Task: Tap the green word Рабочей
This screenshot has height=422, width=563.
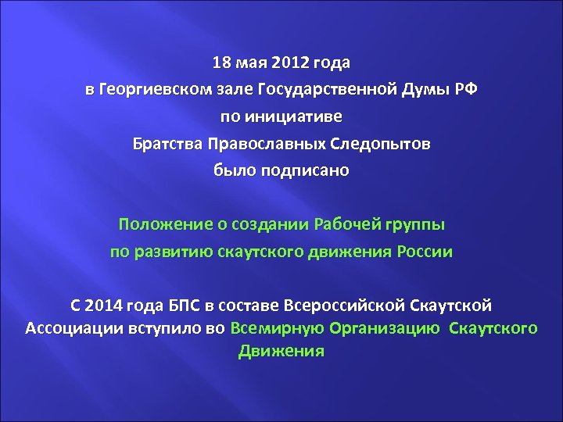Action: pyautogui.click(x=346, y=225)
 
